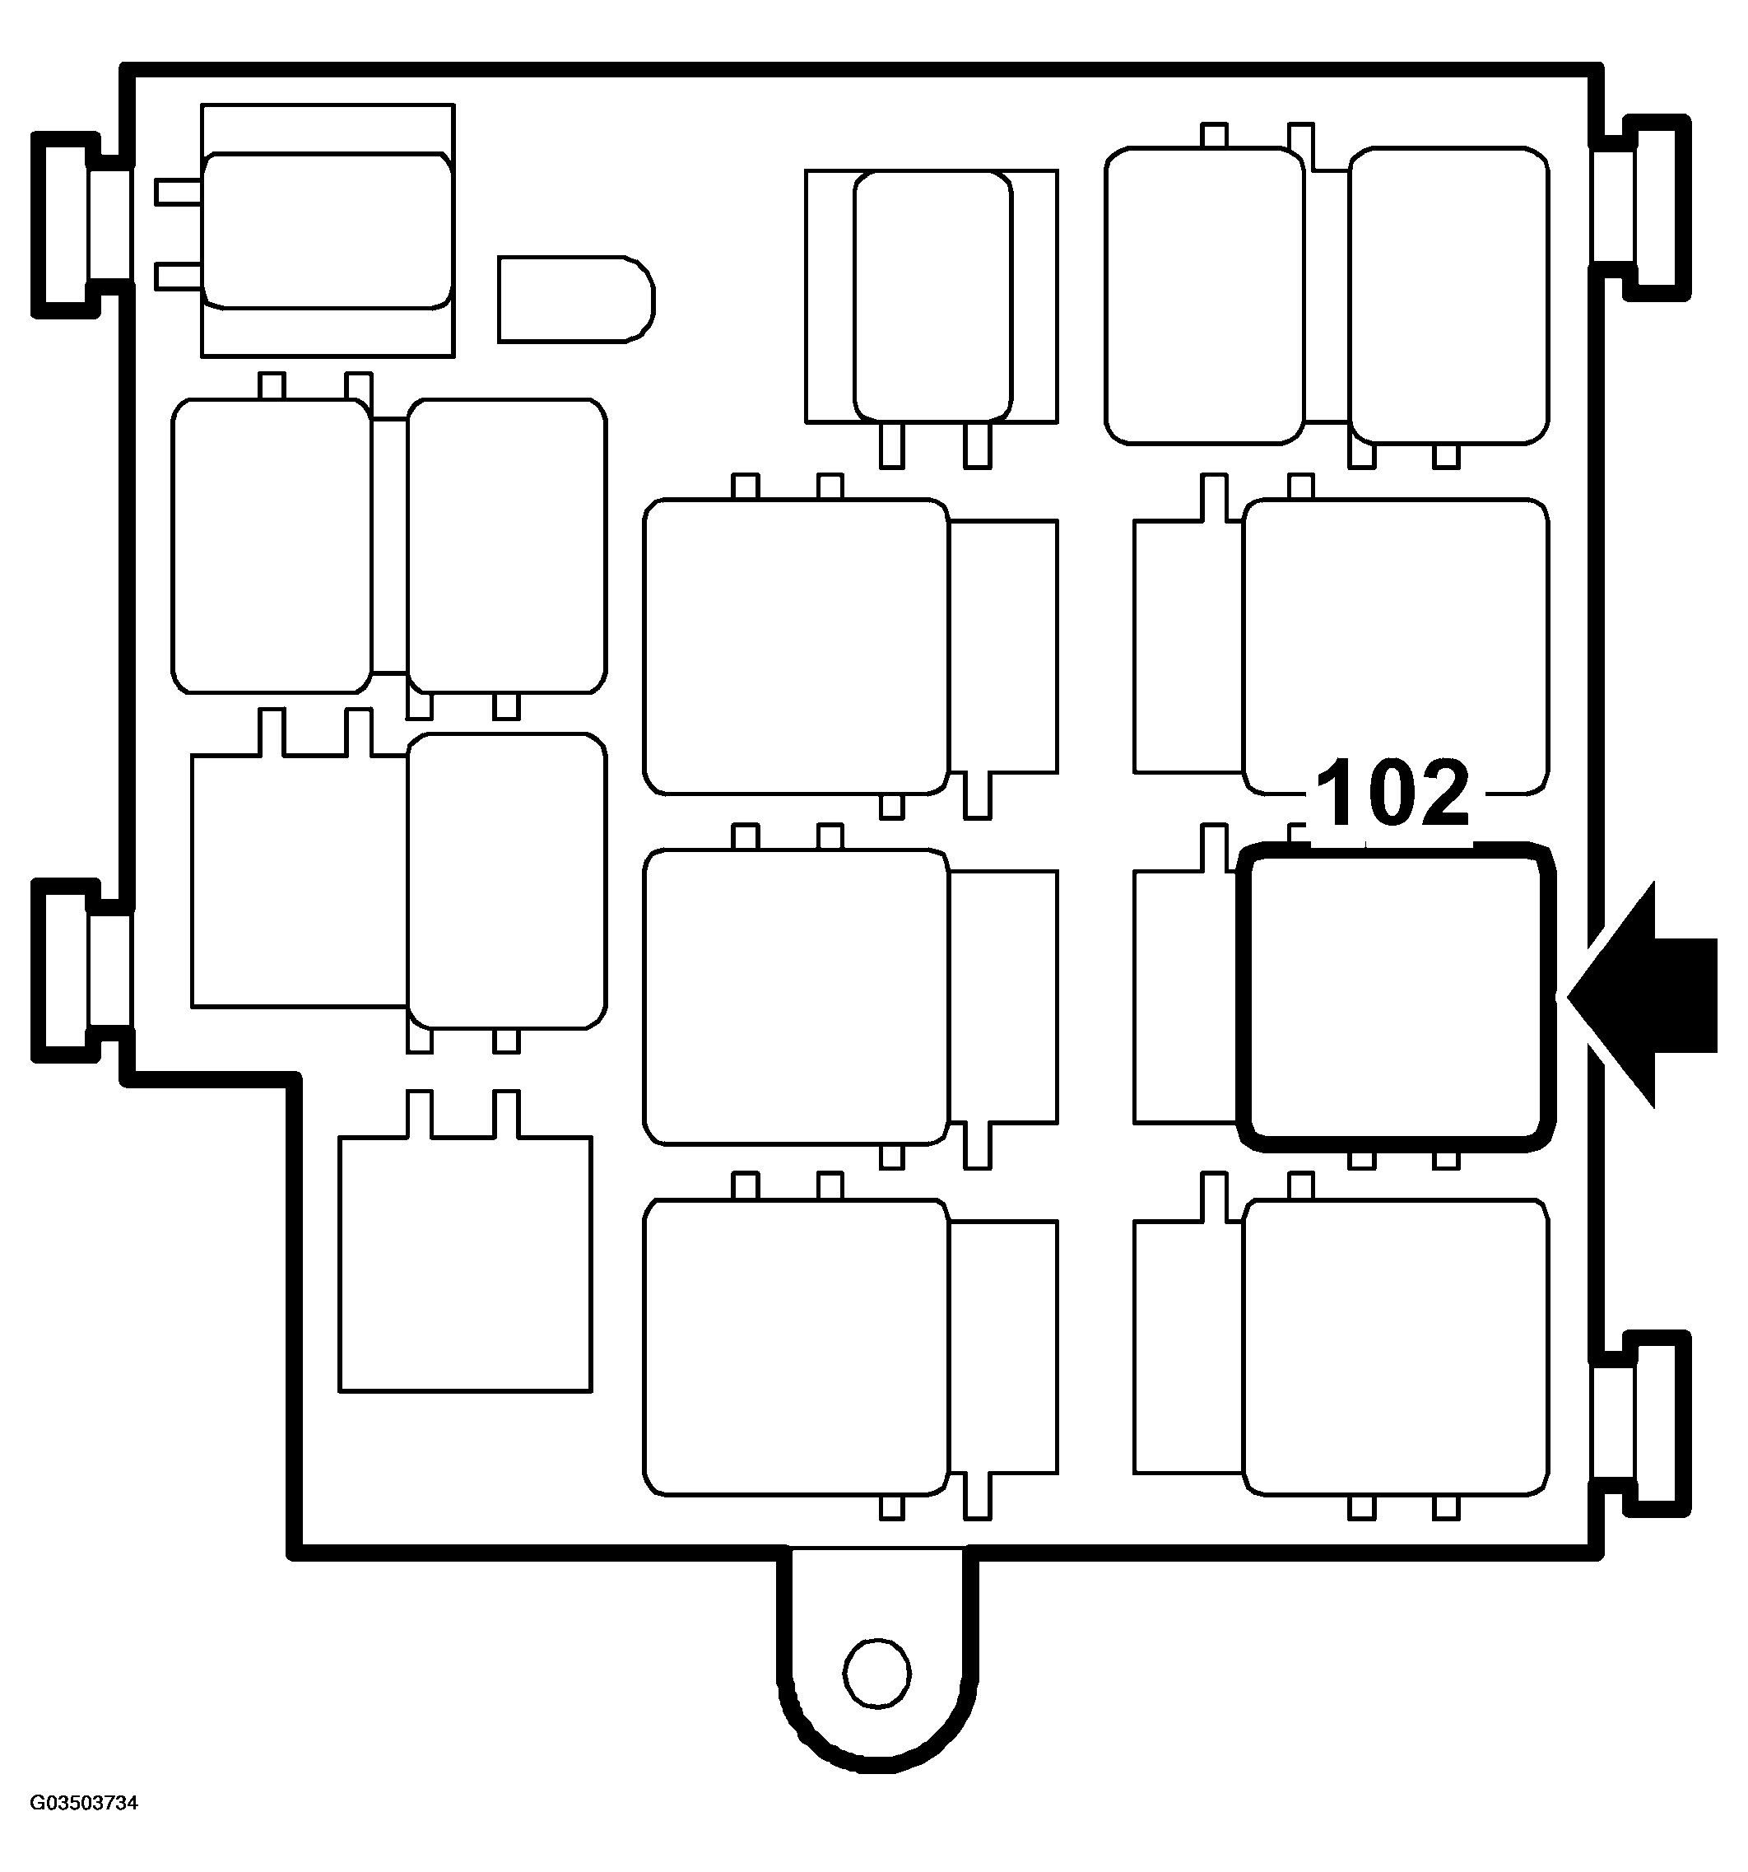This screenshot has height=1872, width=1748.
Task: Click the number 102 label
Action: [x=1392, y=792]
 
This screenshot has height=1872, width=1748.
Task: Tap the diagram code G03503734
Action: [x=85, y=1802]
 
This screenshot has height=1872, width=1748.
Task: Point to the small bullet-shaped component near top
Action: [x=575, y=299]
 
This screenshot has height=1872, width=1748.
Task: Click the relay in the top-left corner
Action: [x=327, y=231]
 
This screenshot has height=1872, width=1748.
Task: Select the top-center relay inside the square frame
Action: [x=932, y=296]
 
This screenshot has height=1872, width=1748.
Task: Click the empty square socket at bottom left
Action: [x=465, y=1263]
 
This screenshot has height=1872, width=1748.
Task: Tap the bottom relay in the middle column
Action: [x=795, y=1347]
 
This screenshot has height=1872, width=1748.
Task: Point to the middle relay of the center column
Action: [x=795, y=996]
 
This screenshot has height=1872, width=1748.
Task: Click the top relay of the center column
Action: [x=795, y=646]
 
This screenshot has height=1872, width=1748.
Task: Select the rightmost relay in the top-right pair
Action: [x=1448, y=295]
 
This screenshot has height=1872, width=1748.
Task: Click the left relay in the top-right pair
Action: [x=1204, y=295]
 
